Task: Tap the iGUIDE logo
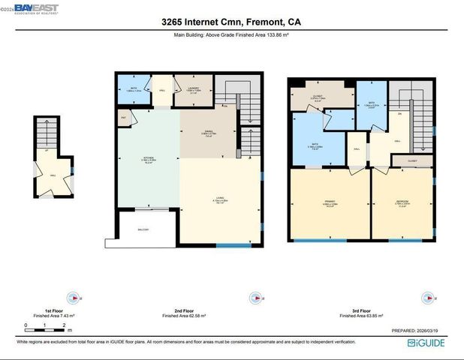[432, 343]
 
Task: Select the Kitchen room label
[148, 159]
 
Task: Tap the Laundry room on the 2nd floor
[192, 91]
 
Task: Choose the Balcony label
[143, 229]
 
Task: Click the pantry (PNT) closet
[123, 118]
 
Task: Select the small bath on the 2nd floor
[134, 91]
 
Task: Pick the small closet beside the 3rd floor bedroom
[412, 160]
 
